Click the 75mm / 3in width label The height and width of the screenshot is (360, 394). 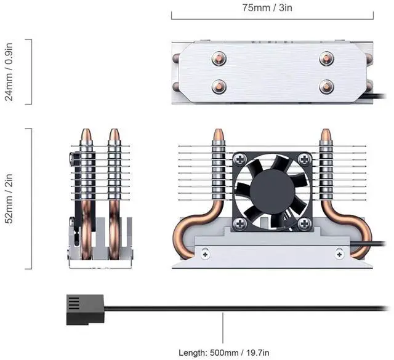267,7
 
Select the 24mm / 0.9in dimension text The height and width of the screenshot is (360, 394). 9,72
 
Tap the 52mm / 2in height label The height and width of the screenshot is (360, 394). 9,199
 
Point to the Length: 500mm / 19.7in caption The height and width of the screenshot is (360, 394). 224,353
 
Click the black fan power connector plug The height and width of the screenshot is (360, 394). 85,310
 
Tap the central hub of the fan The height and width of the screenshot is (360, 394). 272,191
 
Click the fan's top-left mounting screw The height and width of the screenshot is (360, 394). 241,159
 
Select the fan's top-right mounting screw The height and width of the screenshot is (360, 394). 305,159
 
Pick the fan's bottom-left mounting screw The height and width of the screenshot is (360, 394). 241,223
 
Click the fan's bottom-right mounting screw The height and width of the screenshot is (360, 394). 305,223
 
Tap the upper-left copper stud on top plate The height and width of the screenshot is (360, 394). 219,58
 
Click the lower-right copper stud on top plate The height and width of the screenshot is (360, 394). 326,87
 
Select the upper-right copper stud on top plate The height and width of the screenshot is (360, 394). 326,58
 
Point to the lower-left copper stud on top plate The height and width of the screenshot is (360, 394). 219,87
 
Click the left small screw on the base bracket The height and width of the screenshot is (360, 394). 206,254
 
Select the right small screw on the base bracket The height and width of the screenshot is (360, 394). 339,254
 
